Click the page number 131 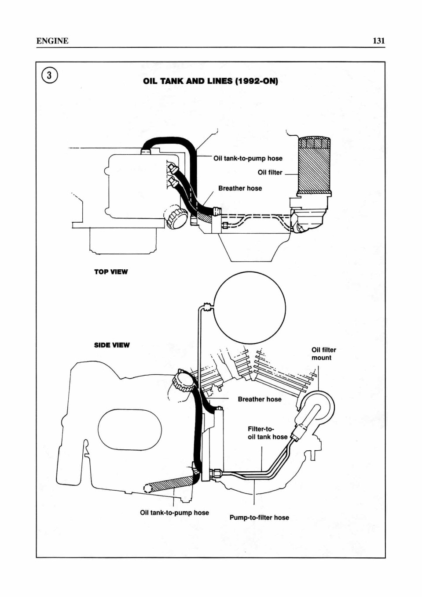click(x=379, y=41)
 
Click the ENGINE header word click(x=52, y=41)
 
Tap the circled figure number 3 click(x=49, y=75)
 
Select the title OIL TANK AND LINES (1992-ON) click(x=211, y=81)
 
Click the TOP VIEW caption click(x=111, y=272)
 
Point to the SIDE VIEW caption click(x=112, y=345)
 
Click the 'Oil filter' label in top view click(x=270, y=173)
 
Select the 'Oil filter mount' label click(x=324, y=354)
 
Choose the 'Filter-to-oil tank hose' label click(x=268, y=433)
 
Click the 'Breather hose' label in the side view click(x=260, y=399)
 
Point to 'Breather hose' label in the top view click(x=240, y=188)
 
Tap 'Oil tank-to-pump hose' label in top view click(x=248, y=158)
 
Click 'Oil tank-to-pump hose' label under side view click(x=174, y=513)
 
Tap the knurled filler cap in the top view click(x=175, y=218)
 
